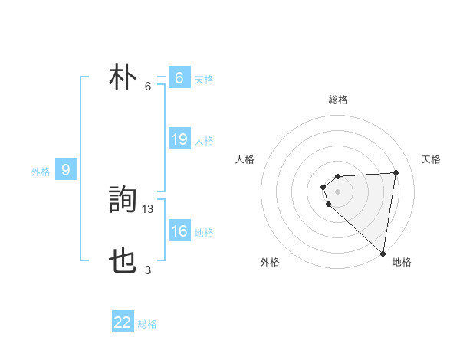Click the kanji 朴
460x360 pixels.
point(123,79)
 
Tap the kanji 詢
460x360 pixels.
point(123,201)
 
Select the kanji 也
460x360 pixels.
point(123,263)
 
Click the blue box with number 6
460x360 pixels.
point(179,78)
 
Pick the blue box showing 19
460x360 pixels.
point(179,139)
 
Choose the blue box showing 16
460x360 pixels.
point(179,231)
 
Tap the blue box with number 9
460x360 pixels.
point(66,170)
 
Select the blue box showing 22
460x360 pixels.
point(123,322)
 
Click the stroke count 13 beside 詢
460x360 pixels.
point(149,208)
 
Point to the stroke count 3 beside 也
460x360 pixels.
point(148,270)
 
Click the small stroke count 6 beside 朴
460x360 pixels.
point(148,86)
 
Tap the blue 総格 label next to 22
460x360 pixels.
point(147,324)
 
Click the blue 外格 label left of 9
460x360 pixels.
point(41,172)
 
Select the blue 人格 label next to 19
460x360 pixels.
point(204,141)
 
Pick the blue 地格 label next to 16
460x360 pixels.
point(204,233)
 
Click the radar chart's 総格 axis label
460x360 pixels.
point(338,100)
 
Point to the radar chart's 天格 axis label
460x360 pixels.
point(431,159)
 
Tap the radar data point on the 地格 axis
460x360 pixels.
point(383,254)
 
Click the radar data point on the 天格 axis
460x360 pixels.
point(396,172)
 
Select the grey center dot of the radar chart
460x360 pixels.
point(338,191)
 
